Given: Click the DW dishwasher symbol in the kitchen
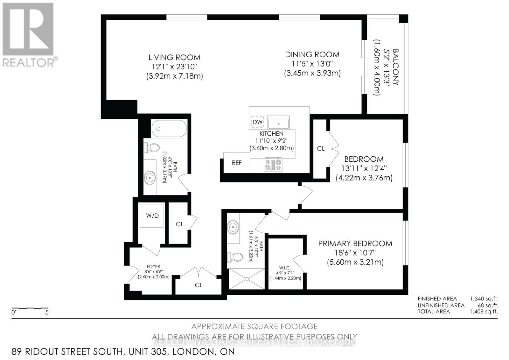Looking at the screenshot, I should click(257, 122).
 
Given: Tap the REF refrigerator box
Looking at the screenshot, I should click(236, 163).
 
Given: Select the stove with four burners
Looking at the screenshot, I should click(273, 165).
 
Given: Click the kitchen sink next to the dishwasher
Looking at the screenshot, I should click(278, 123).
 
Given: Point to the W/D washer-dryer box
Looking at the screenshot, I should click(152, 215).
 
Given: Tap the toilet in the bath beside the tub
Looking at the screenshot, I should click(152, 148).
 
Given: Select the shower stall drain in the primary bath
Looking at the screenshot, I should click(247, 279).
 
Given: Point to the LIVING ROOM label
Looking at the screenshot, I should click(174, 58).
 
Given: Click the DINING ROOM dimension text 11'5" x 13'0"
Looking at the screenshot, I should click(312, 64).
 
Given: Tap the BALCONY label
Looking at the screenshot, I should click(395, 67).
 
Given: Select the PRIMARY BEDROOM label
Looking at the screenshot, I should click(355, 244).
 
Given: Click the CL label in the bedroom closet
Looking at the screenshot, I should click(321, 149).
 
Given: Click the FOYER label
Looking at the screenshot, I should click(153, 267).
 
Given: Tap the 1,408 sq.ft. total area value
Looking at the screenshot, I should click(484, 311).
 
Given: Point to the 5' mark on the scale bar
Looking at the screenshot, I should click(47, 313).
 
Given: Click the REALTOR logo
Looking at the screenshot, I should click(29, 35).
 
